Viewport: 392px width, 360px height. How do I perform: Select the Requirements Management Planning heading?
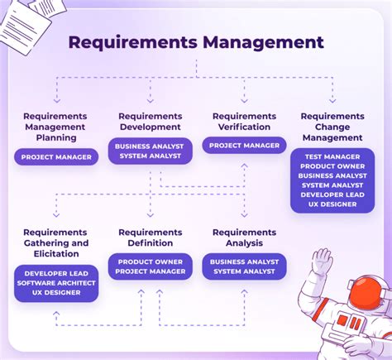[x=55, y=127]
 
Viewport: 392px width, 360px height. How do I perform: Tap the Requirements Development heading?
[x=150, y=122]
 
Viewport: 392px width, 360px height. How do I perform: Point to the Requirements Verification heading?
[x=244, y=122]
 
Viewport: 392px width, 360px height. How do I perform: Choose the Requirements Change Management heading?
[x=332, y=127]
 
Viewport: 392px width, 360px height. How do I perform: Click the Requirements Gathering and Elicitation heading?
[x=55, y=243]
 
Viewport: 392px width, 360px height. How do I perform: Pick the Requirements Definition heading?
[x=150, y=238]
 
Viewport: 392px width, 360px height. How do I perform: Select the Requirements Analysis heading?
[x=244, y=238]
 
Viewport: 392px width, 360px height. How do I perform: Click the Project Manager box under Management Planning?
[x=55, y=156]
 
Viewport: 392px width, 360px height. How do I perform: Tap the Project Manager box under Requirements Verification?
[x=244, y=146]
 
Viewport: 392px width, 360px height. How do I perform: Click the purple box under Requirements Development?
[x=150, y=151]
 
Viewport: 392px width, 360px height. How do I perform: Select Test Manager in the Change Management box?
[x=332, y=156]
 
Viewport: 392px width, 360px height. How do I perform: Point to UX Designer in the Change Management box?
[x=332, y=204]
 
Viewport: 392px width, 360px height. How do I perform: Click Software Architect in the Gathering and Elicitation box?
[x=55, y=283]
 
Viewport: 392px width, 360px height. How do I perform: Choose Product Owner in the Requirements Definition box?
[x=150, y=262]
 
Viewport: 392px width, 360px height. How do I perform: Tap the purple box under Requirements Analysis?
[x=244, y=266]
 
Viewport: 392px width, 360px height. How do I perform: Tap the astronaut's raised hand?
[x=322, y=262]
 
